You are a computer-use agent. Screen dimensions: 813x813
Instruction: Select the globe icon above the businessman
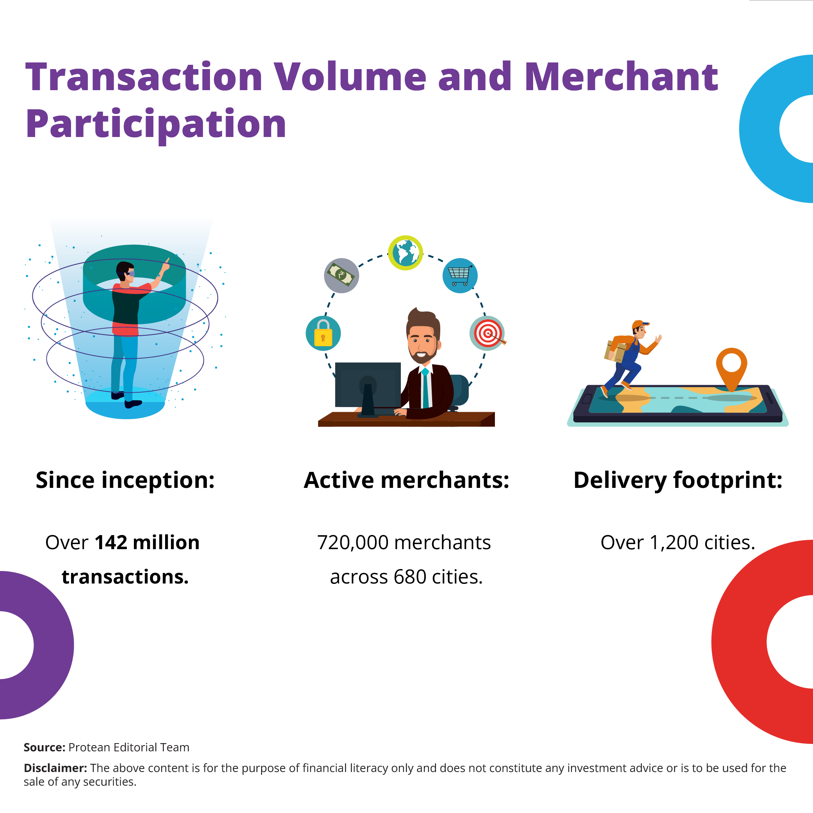click(x=405, y=253)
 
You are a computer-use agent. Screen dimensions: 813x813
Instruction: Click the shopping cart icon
click(x=460, y=276)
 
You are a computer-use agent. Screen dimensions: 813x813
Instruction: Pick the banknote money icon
click(x=341, y=276)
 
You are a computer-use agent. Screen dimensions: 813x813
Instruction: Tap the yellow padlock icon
click(x=323, y=333)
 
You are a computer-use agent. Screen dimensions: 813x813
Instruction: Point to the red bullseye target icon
click(x=487, y=333)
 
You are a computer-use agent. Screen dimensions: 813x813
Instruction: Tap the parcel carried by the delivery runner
click(x=615, y=351)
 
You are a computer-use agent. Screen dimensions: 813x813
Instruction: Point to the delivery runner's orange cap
click(x=640, y=324)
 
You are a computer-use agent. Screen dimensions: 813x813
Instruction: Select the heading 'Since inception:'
click(x=125, y=480)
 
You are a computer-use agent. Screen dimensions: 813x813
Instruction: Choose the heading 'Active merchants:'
click(x=407, y=480)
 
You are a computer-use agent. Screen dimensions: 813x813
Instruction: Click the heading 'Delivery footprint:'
click(x=678, y=480)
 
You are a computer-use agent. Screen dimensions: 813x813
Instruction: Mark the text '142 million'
click(x=147, y=543)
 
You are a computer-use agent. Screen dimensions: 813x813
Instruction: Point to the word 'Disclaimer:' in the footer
click(x=55, y=768)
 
